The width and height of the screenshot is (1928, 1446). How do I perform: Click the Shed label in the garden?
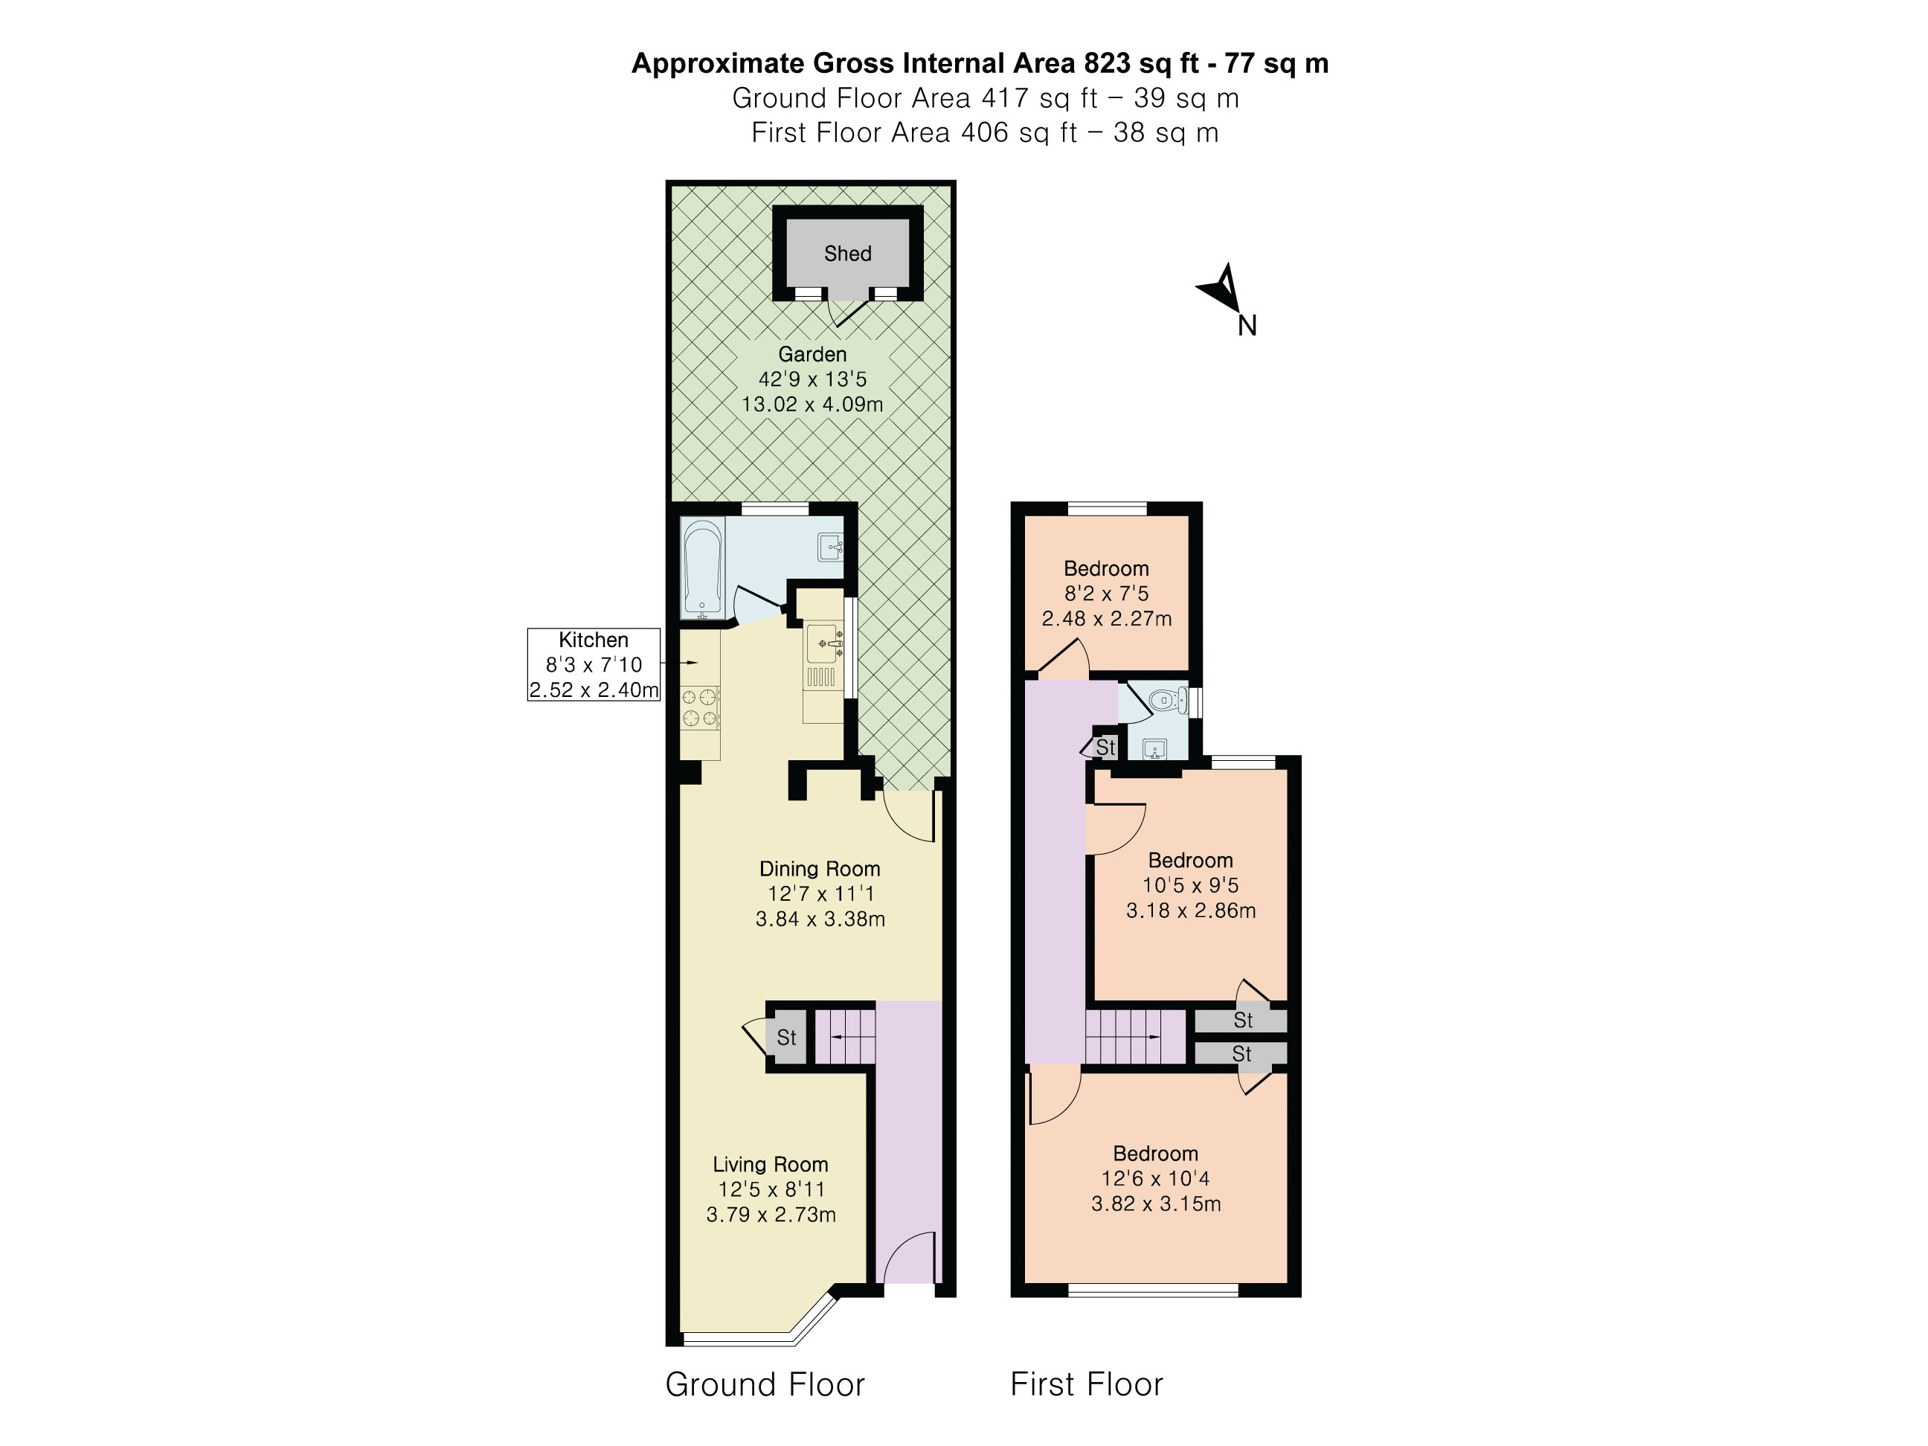pyautogui.click(x=847, y=254)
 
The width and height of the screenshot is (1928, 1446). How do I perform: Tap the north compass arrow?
pyautogui.click(x=1222, y=289)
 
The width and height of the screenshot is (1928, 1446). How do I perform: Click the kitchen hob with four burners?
pyautogui.click(x=700, y=707)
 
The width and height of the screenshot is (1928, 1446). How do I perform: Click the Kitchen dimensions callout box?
pyautogui.click(x=594, y=664)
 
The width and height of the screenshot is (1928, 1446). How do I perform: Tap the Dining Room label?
pyautogui.click(x=819, y=869)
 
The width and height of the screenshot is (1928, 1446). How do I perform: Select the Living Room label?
pyautogui.click(x=770, y=1165)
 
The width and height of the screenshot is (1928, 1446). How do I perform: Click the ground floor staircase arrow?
pyautogui.click(x=844, y=1036)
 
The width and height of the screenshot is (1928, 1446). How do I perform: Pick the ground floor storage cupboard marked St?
pyautogui.click(x=786, y=1037)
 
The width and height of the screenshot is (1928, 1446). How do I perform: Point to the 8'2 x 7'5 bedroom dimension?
pyautogui.click(x=1106, y=594)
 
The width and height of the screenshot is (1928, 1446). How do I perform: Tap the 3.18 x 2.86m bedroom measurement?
pyautogui.click(x=1191, y=911)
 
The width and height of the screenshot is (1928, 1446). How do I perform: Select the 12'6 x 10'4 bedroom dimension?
pyautogui.click(x=1155, y=1178)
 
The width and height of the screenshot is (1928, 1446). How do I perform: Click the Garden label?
pyautogui.click(x=812, y=355)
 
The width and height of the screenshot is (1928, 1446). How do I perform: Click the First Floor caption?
pyautogui.click(x=1086, y=1384)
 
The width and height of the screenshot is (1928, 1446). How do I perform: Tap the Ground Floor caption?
pyautogui.click(x=765, y=1384)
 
